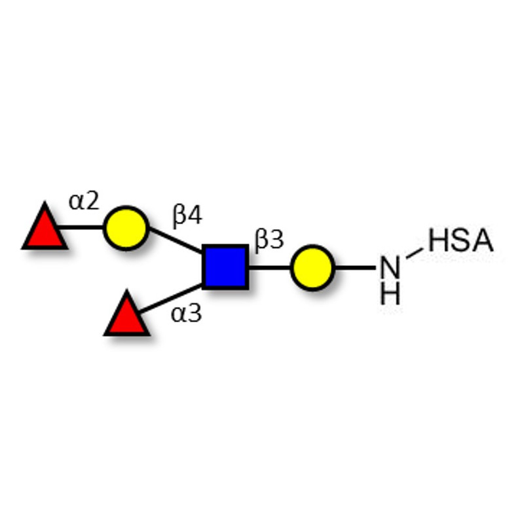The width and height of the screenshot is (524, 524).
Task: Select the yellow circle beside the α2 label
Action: [x=125, y=227]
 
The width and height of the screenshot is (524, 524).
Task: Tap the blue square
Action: [x=225, y=267]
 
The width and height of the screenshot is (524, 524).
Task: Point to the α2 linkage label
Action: [x=84, y=200]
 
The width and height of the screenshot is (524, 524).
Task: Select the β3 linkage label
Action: [x=269, y=240]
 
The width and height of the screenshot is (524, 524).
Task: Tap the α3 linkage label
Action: [x=186, y=314]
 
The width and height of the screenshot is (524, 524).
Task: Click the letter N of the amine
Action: [x=390, y=268]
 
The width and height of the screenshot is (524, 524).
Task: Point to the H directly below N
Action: [x=390, y=293]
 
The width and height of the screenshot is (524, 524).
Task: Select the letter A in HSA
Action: [x=481, y=241]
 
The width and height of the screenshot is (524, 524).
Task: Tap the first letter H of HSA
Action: [x=439, y=241]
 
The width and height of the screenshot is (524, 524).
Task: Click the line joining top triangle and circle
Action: [x=83, y=228]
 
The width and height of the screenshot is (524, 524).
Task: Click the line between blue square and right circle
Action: [x=269, y=267]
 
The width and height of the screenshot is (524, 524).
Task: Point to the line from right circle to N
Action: [x=355, y=267]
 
